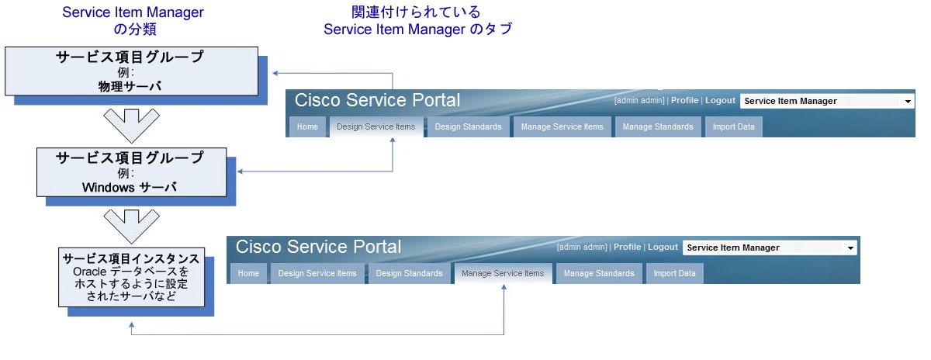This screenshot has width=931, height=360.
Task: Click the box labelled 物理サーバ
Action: point(130,71)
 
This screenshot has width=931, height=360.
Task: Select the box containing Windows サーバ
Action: point(130,172)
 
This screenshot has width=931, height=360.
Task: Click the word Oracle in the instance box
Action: point(90,272)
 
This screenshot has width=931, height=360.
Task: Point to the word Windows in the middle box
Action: point(108,187)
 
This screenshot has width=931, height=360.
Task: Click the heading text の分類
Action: point(133,29)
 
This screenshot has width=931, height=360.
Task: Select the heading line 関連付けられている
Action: point(416,12)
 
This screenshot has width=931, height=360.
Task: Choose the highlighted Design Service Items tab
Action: point(376,127)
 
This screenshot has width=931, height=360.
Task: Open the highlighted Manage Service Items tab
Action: point(503,273)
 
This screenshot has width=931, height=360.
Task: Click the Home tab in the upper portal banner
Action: point(307,127)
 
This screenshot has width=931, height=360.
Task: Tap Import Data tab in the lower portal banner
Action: point(674,273)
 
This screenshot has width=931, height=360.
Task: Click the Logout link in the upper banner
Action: point(720,101)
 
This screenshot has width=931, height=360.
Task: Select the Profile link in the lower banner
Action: point(627,247)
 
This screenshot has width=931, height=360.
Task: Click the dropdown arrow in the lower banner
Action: point(850,248)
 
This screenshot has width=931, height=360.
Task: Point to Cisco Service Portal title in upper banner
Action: point(377,100)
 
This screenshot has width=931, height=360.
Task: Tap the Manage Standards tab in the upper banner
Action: point(658,127)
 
